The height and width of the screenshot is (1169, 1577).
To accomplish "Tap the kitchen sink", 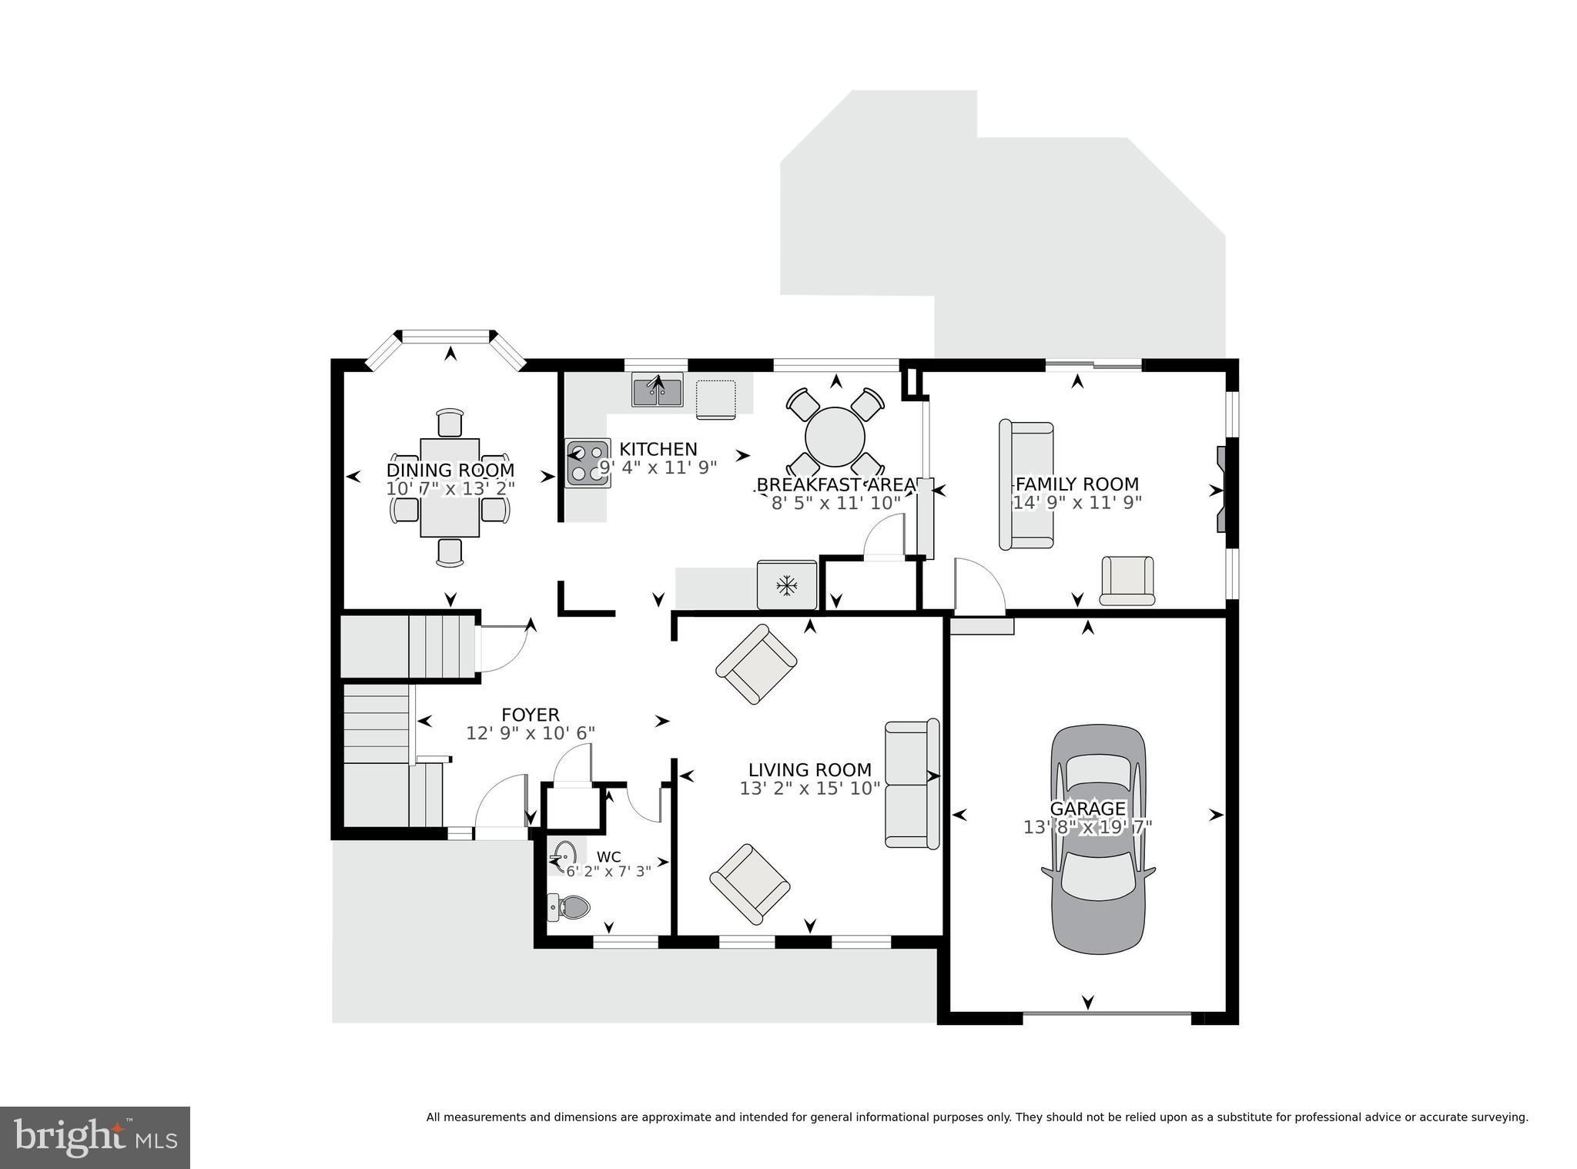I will [x=657, y=390].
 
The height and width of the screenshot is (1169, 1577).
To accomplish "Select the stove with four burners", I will [x=588, y=463].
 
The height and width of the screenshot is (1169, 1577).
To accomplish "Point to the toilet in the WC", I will [x=569, y=907].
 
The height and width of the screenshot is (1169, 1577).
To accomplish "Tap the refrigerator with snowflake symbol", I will [x=786, y=585].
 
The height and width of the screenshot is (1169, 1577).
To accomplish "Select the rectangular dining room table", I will [x=450, y=487].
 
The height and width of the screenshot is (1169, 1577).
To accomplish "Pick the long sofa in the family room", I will [x=1025, y=484].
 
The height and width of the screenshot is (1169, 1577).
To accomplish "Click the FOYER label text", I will [x=531, y=715].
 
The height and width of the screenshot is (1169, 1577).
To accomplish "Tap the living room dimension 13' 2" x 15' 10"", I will [x=809, y=789].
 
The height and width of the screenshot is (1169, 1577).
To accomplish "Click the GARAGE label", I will [x=1087, y=809].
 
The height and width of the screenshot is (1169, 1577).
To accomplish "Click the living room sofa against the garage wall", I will [x=912, y=784].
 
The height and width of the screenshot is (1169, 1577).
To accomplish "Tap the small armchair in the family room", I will [x=1127, y=580].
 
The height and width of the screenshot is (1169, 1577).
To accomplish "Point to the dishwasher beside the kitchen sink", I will [x=715, y=399].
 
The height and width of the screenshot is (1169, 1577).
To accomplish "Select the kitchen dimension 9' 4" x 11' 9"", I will [x=658, y=467].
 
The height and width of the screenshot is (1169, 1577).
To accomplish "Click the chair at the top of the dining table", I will [x=450, y=424].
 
